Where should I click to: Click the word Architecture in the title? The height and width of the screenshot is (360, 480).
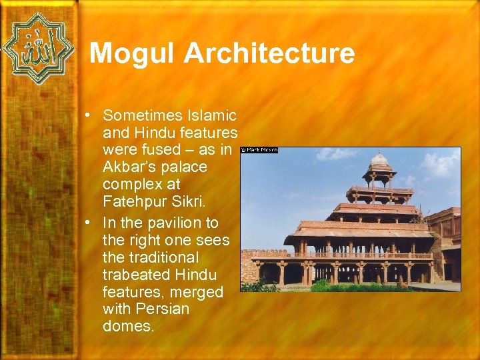click(269, 53)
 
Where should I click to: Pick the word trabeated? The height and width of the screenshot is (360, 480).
click(136, 275)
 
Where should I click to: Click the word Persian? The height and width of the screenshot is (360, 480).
click(161, 309)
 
